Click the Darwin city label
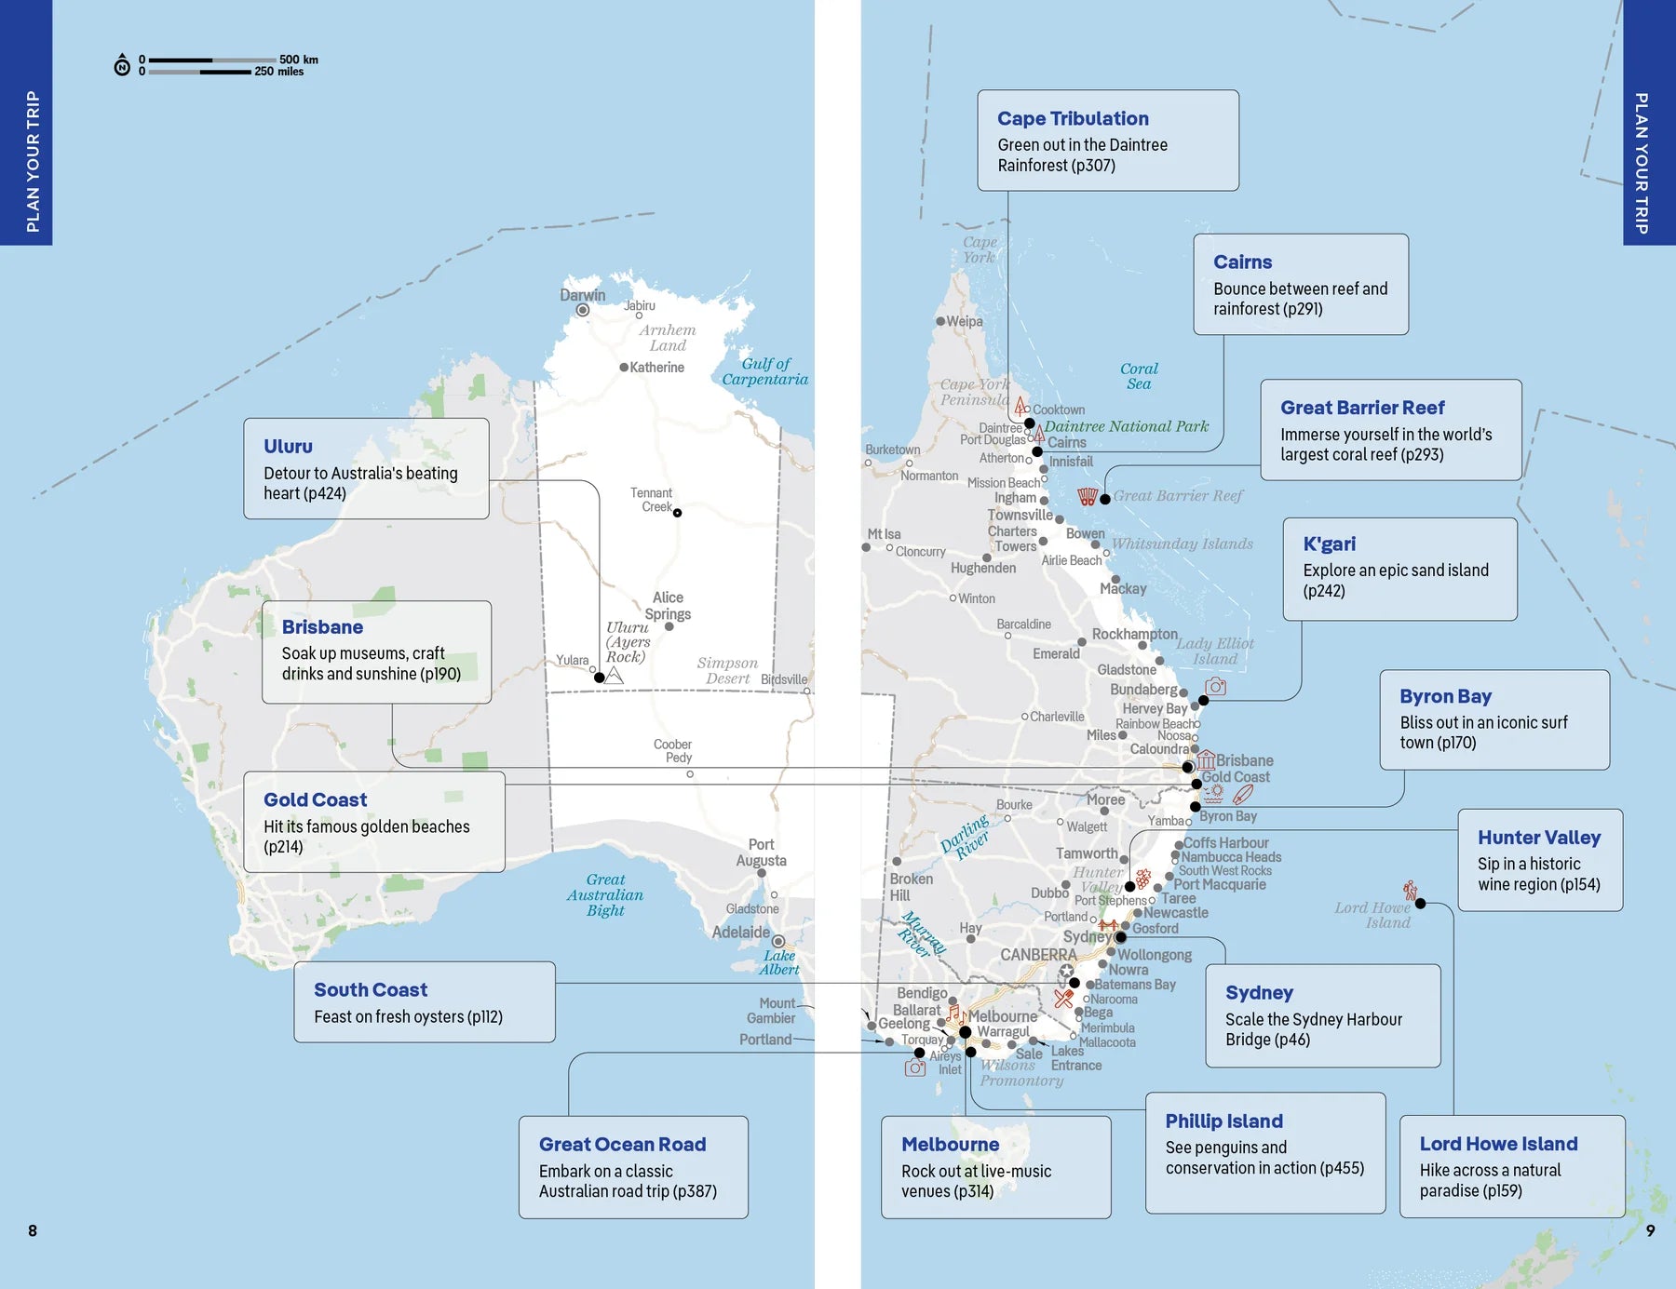(582, 295)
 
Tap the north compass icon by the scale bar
(122, 65)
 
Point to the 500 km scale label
(298, 60)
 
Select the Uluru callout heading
(288, 446)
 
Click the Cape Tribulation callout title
(1073, 118)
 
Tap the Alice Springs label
(668, 606)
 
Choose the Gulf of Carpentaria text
(764, 371)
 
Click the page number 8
(33, 1230)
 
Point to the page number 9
(1650, 1230)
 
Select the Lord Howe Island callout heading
(1498, 1144)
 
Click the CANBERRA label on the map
(1038, 955)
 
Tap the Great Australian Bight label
(605, 894)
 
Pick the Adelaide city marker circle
(777, 942)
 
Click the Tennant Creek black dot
(677, 513)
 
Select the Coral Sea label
(1139, 376)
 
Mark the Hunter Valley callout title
(1538, 838)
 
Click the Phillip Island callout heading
(1223, 1121)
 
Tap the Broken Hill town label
(910, 887)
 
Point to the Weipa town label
(965, 321)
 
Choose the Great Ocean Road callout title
(622, 1145)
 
